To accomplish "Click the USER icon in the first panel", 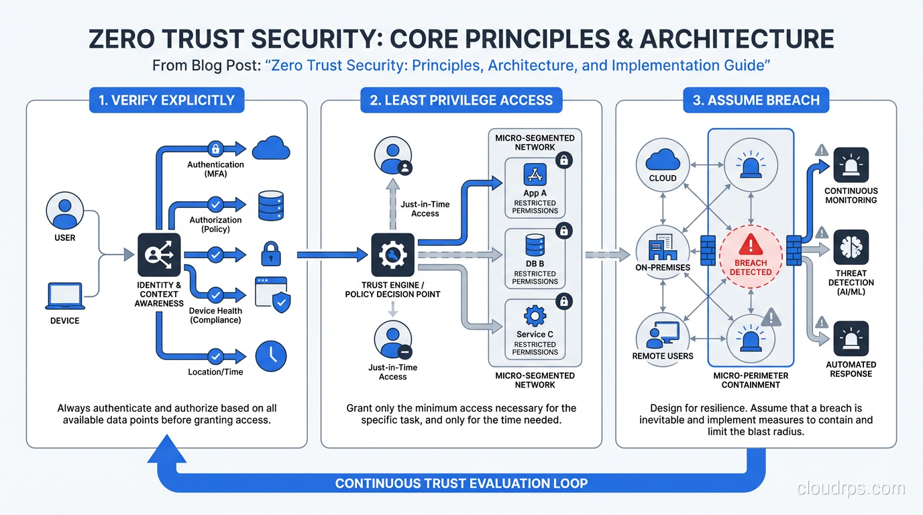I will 65,211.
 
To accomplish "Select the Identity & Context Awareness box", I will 159,255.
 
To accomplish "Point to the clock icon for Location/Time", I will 271,356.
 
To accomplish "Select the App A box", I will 535,188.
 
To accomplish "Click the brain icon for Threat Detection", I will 851,247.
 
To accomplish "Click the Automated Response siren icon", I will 851,339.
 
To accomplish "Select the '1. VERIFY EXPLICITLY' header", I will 166,101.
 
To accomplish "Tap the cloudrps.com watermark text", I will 851,488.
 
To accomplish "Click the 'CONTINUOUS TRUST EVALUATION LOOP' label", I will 461,483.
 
